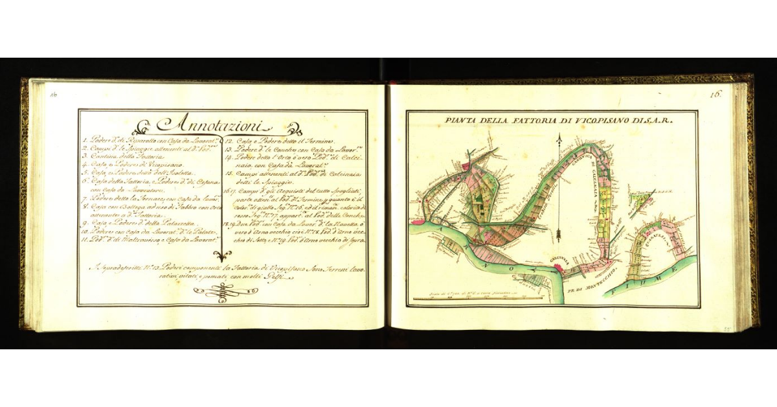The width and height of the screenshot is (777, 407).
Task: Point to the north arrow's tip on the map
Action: point(558,136)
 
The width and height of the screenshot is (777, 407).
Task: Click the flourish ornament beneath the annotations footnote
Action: point(219,294)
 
